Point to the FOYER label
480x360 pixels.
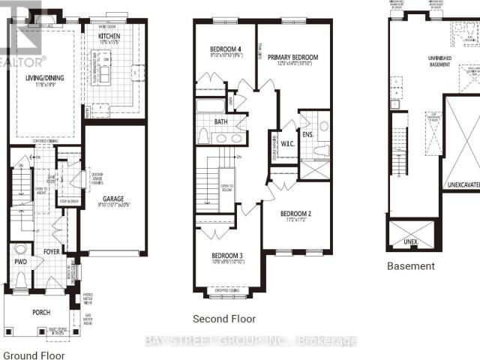click(51, 232)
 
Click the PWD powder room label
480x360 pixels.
click(19, 263)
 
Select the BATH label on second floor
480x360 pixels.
click(220, 121)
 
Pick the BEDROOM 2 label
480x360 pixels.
click(295, 213)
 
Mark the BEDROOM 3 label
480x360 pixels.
click(226, 256)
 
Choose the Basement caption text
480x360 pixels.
click(410, 266)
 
